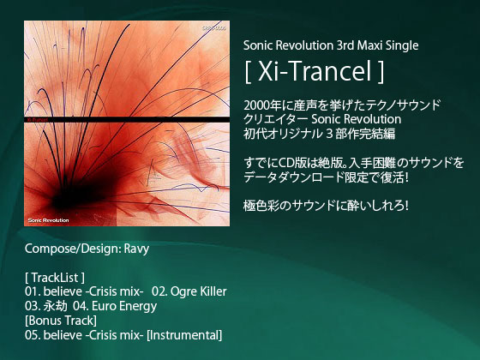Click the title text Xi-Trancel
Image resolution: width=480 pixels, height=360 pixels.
point(315,72)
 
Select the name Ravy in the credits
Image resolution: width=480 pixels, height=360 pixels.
point(136,249)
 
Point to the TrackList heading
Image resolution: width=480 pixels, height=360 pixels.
point(55,278)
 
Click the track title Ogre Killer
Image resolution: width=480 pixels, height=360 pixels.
point(198,291)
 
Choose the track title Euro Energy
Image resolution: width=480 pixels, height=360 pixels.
point(124,306)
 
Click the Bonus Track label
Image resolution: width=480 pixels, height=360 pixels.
point(61,321)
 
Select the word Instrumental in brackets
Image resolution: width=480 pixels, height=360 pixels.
point(184,335)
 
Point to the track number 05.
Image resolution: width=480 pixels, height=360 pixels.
point(33,335)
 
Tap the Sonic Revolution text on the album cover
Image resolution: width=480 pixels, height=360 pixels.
point(48,220)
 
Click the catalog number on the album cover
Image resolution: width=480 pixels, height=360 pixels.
point(214,28)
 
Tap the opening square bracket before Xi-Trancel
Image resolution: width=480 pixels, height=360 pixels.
point(248,72)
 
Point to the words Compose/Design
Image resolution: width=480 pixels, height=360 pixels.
point(72,249)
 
